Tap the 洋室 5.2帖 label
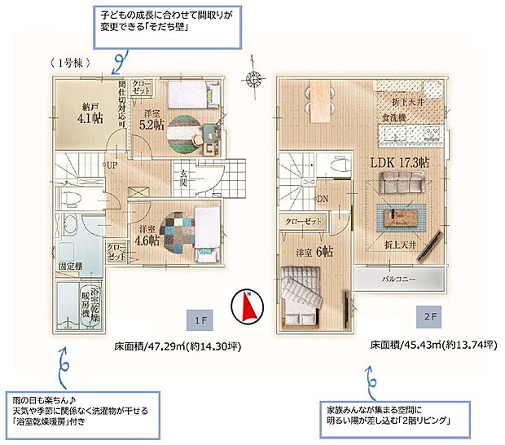point(152,119)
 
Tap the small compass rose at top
point(254,80)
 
